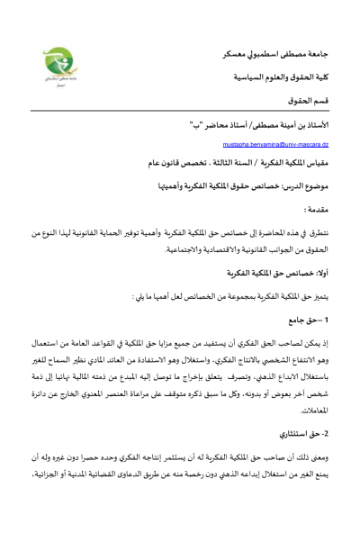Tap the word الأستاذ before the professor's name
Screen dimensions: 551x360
298,122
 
